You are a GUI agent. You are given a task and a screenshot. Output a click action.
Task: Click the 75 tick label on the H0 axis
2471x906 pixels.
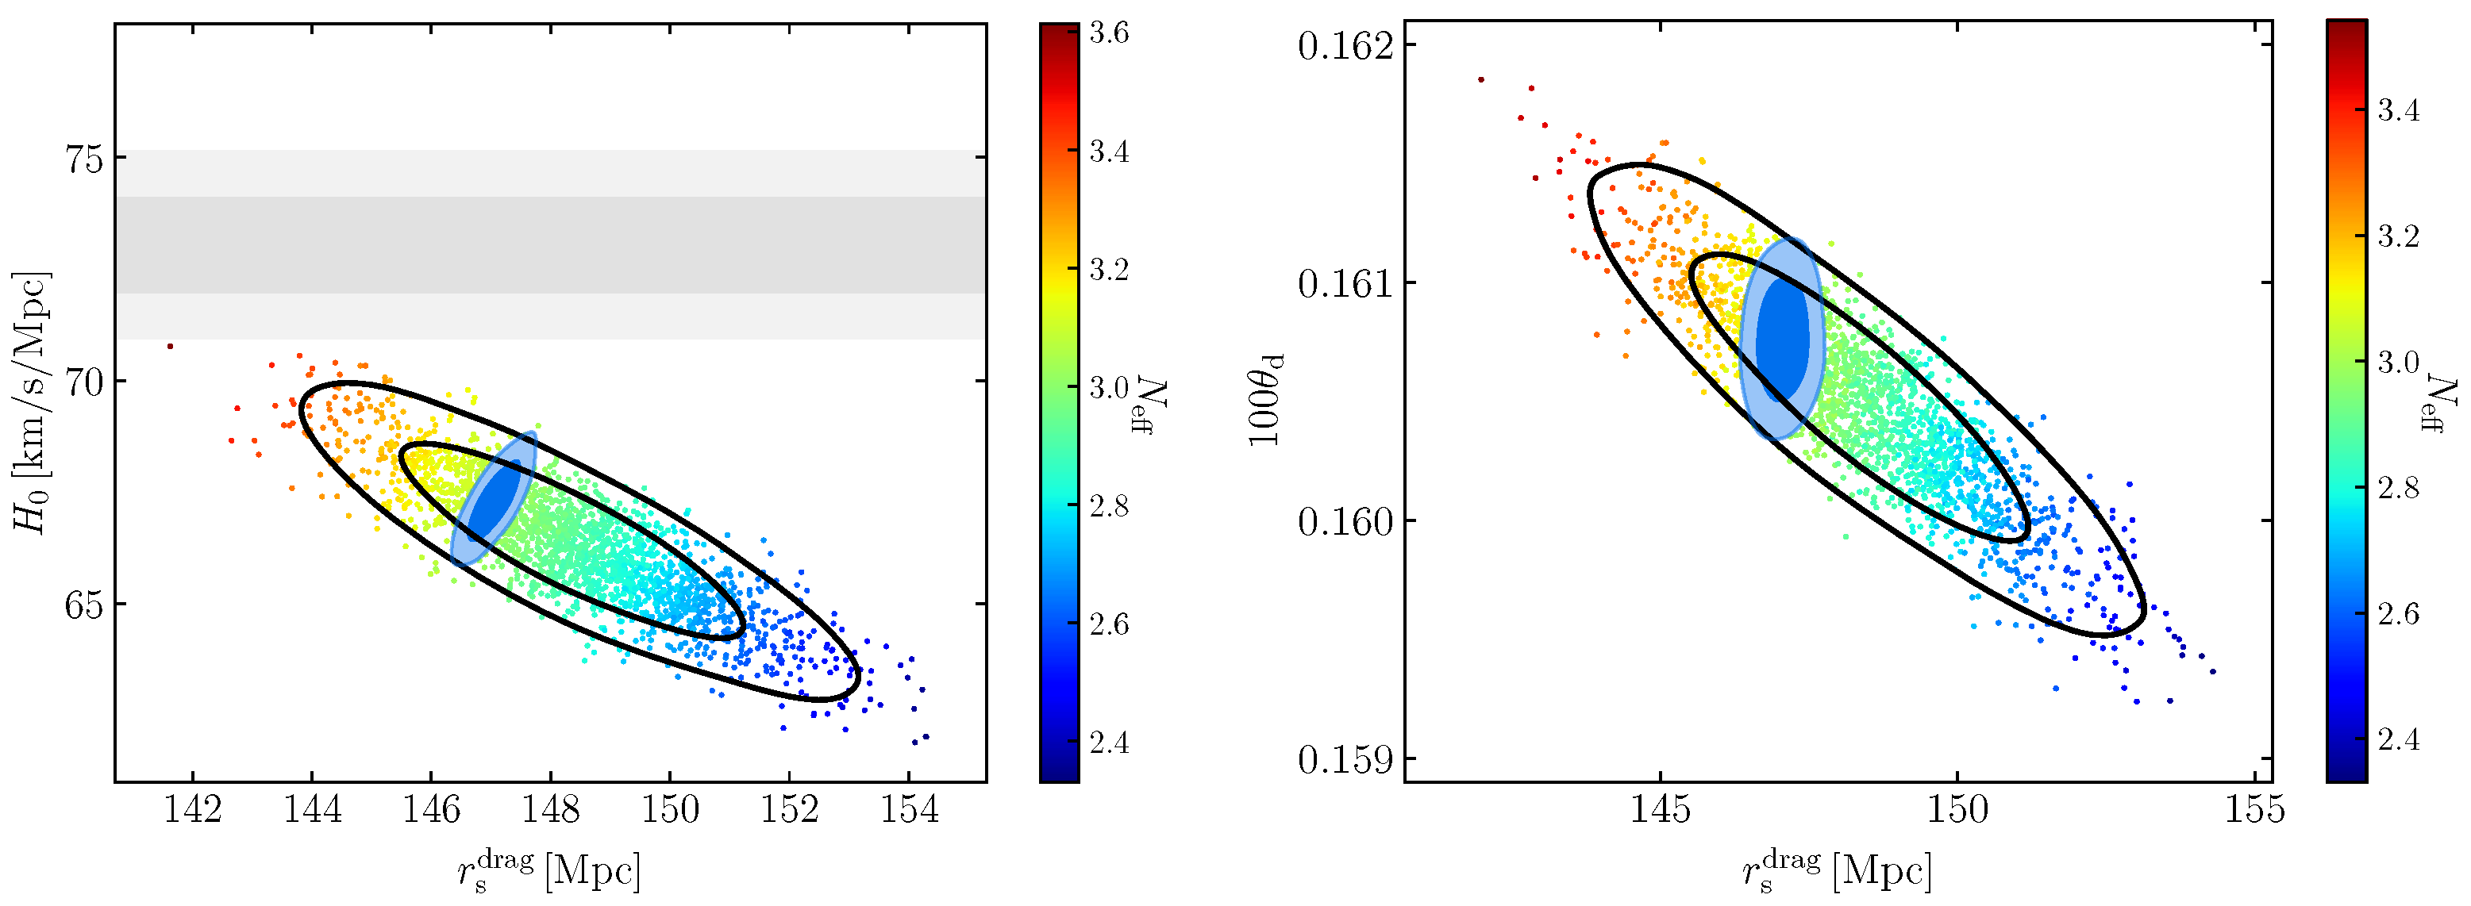(83, 158)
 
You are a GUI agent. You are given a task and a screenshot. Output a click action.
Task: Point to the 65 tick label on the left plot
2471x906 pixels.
(83, 605)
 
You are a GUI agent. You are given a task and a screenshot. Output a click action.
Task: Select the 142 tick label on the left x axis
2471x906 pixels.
(193, 810)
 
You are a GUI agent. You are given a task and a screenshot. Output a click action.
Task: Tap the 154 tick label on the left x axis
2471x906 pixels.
(910, 810)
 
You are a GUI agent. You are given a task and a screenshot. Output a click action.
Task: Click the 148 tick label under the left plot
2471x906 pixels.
(551, 810)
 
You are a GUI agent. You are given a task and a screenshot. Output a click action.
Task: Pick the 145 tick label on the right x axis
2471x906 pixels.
(1661, 810)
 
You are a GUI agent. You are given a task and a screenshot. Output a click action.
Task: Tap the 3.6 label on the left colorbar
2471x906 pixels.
(1109, 33)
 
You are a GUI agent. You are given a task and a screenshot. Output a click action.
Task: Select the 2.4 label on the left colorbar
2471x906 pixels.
(1109, 743)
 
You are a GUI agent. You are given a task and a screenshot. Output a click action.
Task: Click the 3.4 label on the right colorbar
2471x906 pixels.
(2398, 111)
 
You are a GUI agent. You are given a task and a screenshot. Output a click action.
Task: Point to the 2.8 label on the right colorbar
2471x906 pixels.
(2398, 488)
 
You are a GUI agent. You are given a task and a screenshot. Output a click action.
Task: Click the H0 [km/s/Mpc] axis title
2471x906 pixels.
(31, 403)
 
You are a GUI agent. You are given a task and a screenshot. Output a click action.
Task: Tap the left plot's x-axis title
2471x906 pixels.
(548, 870)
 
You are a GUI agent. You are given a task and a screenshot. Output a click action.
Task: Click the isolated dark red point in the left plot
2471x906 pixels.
(170, 346)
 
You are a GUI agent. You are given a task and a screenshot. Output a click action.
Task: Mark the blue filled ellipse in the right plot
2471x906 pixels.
(1781, 339)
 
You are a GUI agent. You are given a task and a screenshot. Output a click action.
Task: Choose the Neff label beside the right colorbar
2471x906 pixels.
(2442, 403)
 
